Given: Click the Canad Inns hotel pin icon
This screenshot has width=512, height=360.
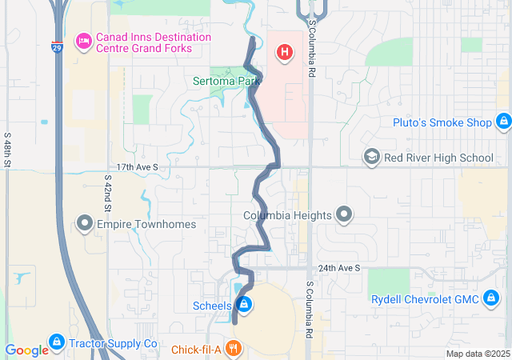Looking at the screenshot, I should pyautogui.click(x=82, y=42).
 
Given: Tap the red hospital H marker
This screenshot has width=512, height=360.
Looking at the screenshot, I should pyautogui.click(x=283, y=53).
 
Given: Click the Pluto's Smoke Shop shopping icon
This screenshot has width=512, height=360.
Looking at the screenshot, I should pyautogui.click(x=503, y=122).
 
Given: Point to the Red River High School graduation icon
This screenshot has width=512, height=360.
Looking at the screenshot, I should pyautogui.click(x=371, y=157).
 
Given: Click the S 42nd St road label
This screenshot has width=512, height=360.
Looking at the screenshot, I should pyautogui.click(x=107, y=194).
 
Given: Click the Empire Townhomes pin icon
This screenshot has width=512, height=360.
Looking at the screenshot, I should pyautogui.click(x=85, y=224).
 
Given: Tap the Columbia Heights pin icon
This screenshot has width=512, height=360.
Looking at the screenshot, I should pyautogui.click(x=344, y=215).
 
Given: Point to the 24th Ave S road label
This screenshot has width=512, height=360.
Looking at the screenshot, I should pyautogui.click(x=338, y=267).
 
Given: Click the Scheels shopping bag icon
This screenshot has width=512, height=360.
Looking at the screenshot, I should pyautogui.click(x=244, y=305).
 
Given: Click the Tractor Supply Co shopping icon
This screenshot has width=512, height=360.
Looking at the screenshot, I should pyautogui.click(x=56, y=342).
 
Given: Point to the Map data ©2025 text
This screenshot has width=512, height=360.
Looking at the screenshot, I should pyautogui.click(x=477, y=354).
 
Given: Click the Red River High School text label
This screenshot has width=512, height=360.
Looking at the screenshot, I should pyautogui.click(x=438, y=158).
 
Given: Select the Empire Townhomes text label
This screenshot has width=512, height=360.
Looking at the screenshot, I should pyautogui.click(x=146, y=224).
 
